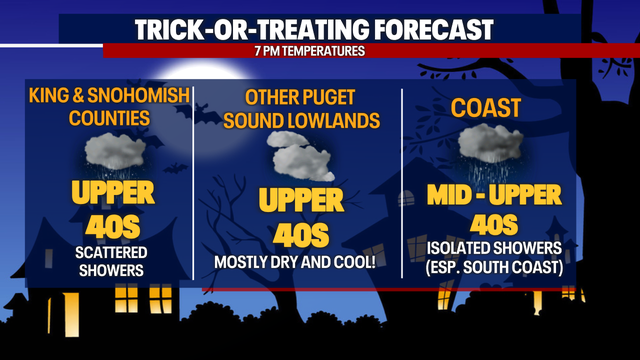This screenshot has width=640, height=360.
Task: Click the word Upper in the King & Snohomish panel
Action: (112, 191)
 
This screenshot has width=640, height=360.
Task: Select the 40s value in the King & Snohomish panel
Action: (112, 222)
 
